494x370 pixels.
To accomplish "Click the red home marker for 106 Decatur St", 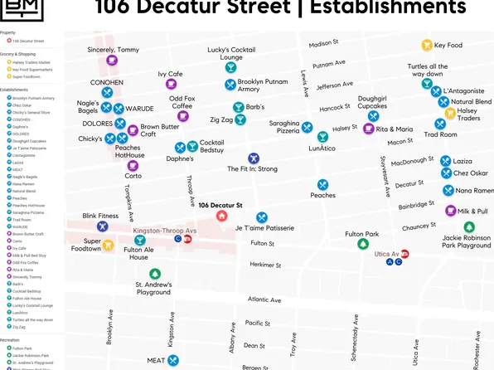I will coord(221,216).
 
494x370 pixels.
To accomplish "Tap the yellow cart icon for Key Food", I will coord(427,46).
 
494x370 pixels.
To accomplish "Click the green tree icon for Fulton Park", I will coord(361,244).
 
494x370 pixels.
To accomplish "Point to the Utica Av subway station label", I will coord(384,253).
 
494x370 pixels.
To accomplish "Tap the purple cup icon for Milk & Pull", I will coord(449,211).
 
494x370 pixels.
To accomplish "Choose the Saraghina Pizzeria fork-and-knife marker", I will coord(308,127).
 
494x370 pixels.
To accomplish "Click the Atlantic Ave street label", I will coord(264,299).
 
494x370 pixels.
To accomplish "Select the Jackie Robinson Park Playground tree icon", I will coord(469,227).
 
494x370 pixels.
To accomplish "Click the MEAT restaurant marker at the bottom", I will coord(172,361).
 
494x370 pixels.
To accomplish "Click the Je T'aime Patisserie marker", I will coord(262,217).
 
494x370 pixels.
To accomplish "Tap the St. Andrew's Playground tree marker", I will coord(153,274).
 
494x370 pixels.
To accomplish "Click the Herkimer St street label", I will coord(266,265).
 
